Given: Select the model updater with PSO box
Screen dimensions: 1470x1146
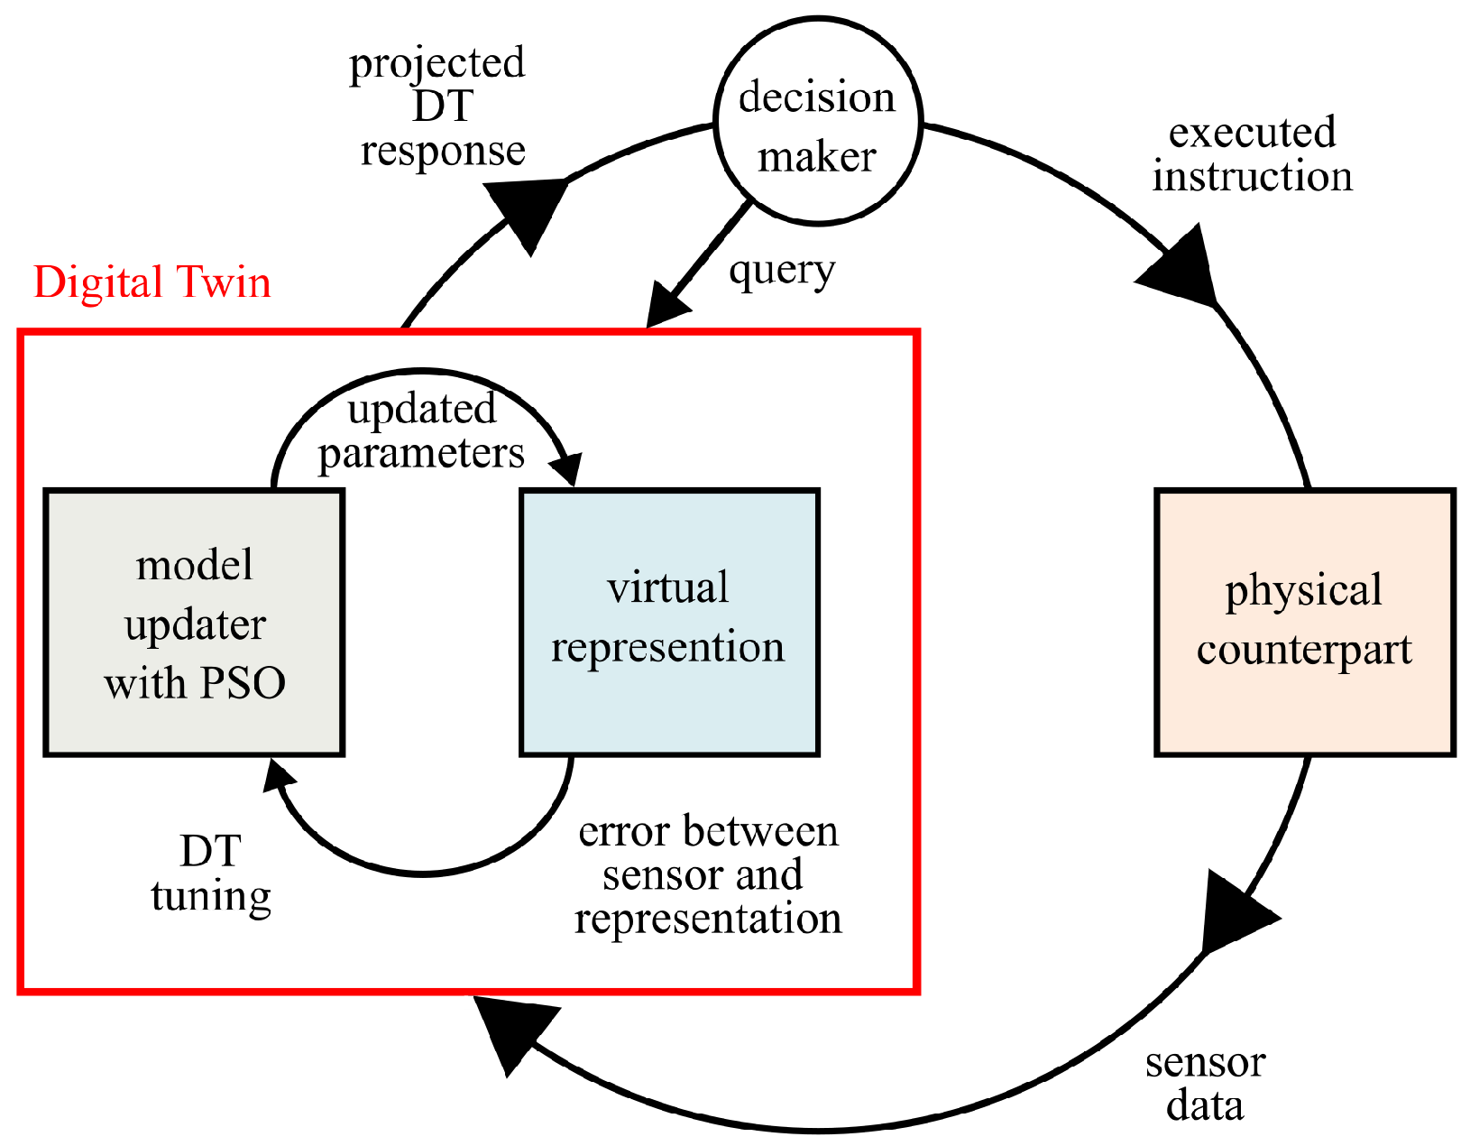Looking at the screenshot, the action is click(x=194, y=622).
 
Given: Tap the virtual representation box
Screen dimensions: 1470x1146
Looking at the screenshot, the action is click(x=669, y=622).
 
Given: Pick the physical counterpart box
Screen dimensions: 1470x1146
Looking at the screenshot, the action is click(x=1305, y=622).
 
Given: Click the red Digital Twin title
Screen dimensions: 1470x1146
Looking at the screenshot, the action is click(x=152, y=282).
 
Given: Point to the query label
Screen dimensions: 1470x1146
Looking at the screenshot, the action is click(x=782, y=272).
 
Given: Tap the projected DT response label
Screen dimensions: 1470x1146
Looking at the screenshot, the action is click(x=437, y=107).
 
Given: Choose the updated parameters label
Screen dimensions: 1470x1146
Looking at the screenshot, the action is click(x=421, y=431).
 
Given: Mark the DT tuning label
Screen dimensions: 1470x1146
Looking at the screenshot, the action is click(x=211, y=874).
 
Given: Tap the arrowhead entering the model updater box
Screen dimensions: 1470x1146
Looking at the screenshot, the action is click(x=278, y=776).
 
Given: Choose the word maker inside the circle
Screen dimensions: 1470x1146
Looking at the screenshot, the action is click(x=817, y=157).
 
